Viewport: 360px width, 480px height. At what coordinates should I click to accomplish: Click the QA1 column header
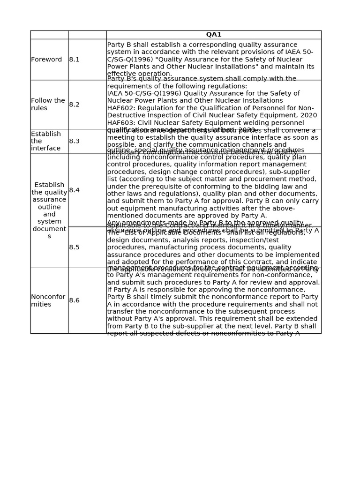pyautogui.click(x=214, y=35)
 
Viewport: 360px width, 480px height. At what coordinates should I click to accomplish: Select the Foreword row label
pyautogui.click(x=46, y=60)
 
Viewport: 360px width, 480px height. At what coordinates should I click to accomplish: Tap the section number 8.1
pyautogui.click(x=75, y=60)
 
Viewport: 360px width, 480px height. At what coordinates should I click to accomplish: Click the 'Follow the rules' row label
pyautogui.click(x=48, y=104)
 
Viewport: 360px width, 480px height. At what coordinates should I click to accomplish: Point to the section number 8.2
pyautogui.click(x=75, y=105)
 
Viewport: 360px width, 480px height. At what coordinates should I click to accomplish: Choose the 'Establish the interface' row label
pyautogui.click(x=46, y=141)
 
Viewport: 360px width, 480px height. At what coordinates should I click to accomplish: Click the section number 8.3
pyautogui.click(x=75, y=141)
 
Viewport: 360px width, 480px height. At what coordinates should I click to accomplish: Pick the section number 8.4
pyautogui.click(x=75, y=190)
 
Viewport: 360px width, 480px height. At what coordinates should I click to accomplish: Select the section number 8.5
pyautogui.click(x=75, y=247)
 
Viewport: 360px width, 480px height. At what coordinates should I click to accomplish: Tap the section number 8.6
pyautogui.click(x=75, y=300)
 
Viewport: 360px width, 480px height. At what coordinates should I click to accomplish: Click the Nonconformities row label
pyautogui.click(x=48, y=300)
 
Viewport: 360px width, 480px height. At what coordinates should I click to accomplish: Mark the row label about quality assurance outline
pyautogui.click(x=49, y=210)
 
